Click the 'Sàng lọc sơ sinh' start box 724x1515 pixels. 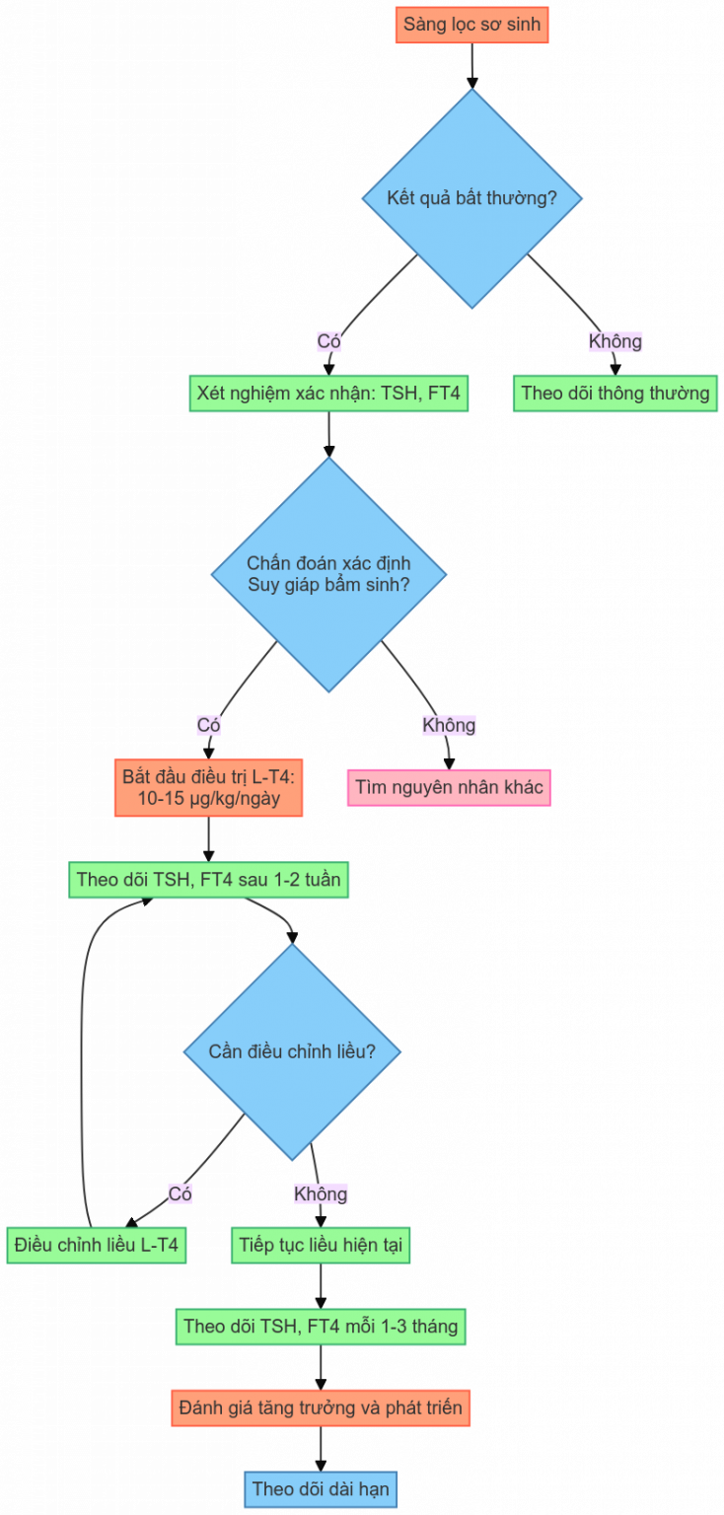[x=471, y=25]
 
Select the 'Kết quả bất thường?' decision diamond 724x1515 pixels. [x=471, y=198]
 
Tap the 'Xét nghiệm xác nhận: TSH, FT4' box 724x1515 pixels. [x=328, y=393]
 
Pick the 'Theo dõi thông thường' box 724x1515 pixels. [x=615, y=393]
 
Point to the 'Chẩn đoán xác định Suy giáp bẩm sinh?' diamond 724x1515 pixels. [x=328, y=574]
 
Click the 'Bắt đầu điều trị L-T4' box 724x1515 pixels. [x=208, y=787]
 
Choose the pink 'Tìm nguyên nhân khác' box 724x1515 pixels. [x=449, y=787]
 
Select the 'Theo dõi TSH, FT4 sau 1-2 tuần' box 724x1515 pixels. [x=208, y=879]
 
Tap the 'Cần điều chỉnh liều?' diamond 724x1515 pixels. [x=292, y=1051]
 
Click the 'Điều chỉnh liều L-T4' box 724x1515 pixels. [x=96, y=1245]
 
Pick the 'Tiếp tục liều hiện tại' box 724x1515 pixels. [x=321, y=1245]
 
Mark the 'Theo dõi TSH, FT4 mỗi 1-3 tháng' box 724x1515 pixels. [x=321, y=1327]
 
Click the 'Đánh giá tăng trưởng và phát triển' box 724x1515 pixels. [x=321, y=1408]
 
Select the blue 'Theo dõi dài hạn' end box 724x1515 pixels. [x=321, y=1489]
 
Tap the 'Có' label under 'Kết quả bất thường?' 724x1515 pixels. [x=328, y=341]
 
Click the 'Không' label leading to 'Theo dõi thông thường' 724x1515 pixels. [x=615, y=341]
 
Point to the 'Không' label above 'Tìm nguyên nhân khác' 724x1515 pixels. [x=449, y=725]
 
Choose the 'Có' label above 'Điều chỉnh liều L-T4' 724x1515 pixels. [x=180, y=1193]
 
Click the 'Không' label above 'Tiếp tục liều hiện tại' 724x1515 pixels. [x=321, y=1193]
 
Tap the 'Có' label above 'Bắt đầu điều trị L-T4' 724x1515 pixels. [x=208, y=725]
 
